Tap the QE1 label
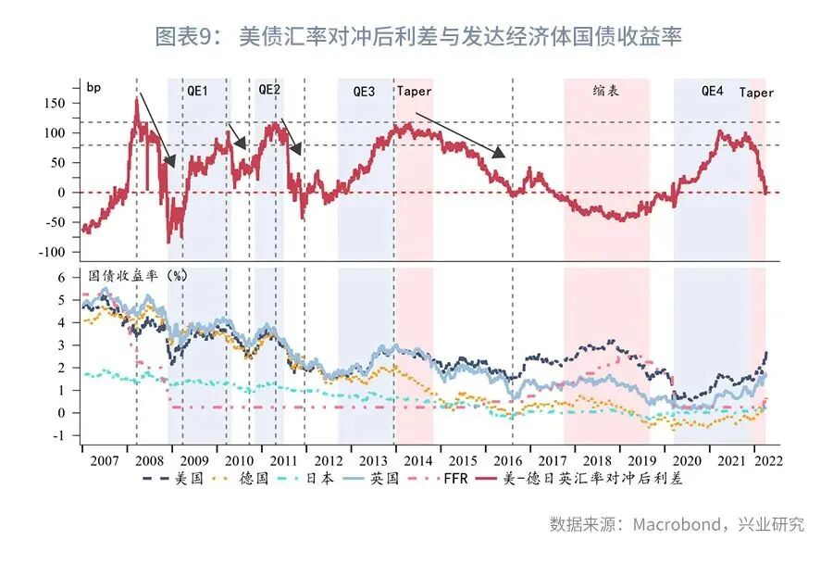[198, 92]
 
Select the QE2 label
[269, 90]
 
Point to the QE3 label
[365, 92]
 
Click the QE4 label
[712, 91]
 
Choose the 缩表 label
[605, 91]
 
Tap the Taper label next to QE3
[414, 92]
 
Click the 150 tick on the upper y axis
[57, 104]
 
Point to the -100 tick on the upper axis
[54, 252]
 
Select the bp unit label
[93, 88]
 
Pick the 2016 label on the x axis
[508, 459]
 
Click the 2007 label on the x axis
[99, 459]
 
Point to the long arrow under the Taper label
[460, 134]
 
